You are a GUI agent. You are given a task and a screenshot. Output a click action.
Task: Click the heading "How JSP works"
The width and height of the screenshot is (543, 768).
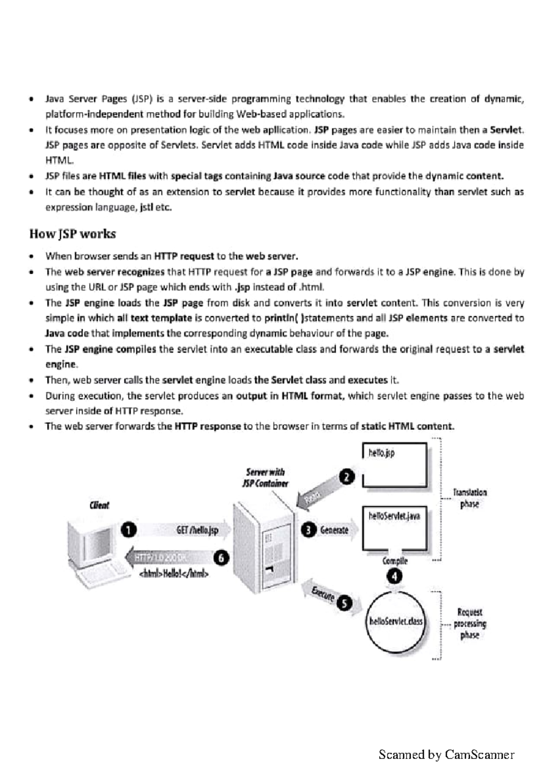(72, 234)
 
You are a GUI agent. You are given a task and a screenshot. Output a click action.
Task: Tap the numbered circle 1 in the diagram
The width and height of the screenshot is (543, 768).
(129, 530)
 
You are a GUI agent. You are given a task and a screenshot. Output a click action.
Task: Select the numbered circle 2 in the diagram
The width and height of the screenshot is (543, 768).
(347, 477)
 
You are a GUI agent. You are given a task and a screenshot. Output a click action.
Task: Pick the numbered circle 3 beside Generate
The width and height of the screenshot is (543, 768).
(309, 530)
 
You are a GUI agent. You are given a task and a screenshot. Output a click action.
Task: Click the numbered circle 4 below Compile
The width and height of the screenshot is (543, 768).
(395, 577)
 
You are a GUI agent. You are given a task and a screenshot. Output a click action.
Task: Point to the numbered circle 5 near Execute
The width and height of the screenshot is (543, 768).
(345, 603)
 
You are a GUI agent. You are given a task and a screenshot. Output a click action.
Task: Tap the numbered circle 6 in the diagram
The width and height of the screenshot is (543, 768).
(221, 558)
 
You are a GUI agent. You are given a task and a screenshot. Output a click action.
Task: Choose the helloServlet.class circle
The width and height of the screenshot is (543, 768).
(395, 621)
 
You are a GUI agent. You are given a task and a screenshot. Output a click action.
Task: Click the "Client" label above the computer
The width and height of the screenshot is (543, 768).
(99, 505)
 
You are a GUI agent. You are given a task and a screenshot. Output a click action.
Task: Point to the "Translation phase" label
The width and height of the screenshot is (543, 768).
(470, 498)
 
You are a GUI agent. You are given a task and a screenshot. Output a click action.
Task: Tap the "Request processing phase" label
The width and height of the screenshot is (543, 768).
(470, 624)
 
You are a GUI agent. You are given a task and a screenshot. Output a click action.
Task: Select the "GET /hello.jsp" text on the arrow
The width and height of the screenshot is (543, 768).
(197, 530)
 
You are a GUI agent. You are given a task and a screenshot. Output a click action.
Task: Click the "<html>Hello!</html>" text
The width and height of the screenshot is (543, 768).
(174, 574)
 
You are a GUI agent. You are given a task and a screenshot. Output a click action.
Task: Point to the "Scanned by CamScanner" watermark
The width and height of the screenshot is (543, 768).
(446, 754)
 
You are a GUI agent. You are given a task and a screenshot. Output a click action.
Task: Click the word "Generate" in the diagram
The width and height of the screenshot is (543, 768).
(334, 530)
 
